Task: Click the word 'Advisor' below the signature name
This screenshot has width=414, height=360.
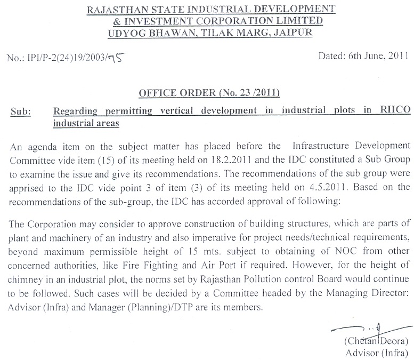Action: point(361,353)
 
